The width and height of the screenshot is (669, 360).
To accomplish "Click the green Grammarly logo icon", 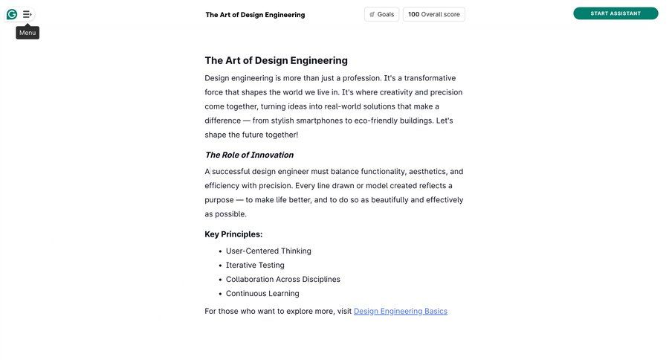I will [x=12, y=14].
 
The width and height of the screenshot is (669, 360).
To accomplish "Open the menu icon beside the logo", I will [x=28, y=14].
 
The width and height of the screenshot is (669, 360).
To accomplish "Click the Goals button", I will [x=381, y=14].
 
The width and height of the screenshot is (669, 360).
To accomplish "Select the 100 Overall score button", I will [x=434, y=14].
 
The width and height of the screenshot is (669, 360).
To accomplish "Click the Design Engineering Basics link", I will [x=401, y=311].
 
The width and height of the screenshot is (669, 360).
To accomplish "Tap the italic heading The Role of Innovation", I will [x=249, y=155].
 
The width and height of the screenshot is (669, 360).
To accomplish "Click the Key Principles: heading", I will [x=233, y=234].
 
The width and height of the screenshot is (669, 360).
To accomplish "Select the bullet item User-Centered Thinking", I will [x=268, y=251].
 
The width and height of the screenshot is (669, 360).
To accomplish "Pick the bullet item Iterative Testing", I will [x=255, y=265].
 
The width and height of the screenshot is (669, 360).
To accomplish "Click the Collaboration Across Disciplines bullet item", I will [x=283, y=279].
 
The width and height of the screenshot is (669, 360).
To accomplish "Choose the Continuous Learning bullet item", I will [x=262, y=293].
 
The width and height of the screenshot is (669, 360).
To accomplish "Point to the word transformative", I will [x=430, y=78].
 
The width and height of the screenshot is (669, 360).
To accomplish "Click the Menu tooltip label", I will [x=28, y=33].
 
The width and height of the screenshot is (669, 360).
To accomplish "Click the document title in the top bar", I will [x=255, y=15].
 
